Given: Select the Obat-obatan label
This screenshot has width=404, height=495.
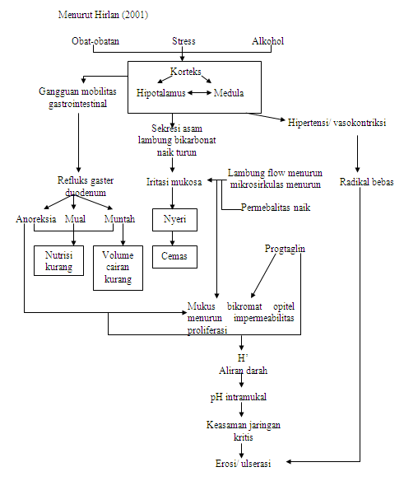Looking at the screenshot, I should [94, 41].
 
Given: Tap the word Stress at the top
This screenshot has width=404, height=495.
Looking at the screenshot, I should [183, 41].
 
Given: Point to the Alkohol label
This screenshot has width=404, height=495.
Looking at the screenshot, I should [267, 41].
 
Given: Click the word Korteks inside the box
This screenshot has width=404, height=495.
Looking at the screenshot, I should [186, 72].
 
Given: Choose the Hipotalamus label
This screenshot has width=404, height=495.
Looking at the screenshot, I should [160, 93].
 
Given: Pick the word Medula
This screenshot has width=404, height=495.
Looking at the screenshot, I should [229, 93].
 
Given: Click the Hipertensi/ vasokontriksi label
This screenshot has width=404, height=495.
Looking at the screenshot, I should [337, 123].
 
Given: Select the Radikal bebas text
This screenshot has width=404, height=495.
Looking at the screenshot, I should [367, 181].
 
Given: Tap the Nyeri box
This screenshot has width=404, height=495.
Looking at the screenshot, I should [174, 220].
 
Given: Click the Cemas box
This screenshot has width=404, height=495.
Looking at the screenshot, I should [174, 256].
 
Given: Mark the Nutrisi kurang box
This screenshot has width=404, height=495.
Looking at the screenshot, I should [58, 261].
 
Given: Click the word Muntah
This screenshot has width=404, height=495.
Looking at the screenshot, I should [119, 220].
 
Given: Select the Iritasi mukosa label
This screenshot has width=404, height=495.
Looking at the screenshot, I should [174, 181].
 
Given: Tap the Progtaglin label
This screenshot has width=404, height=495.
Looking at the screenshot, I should [286, 248].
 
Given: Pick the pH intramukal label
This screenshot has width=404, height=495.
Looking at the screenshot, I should [241, 397].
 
